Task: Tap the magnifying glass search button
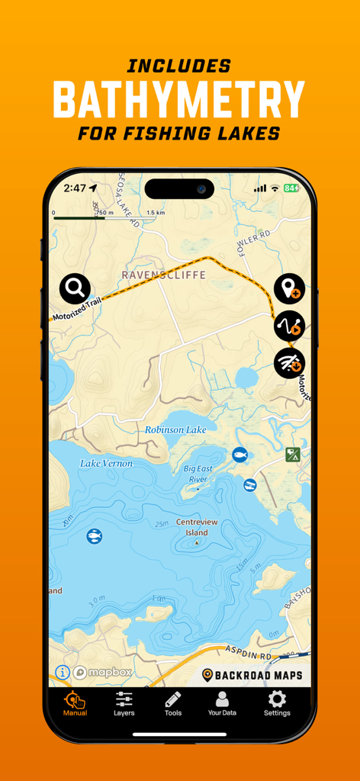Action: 75,288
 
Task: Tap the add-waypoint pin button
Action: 289,289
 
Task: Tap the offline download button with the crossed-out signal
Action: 289,364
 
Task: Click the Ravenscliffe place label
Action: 164,275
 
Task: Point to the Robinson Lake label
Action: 175,430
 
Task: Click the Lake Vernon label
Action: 106,463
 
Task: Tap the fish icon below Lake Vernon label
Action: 94,536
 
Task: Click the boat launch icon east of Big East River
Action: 249,485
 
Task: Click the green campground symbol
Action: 292,455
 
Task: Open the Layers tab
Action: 124,704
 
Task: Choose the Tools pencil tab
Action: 173,704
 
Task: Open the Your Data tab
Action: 222,704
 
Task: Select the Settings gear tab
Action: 277,704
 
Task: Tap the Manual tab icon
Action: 75,704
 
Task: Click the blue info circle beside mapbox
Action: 63,673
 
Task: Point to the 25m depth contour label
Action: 160,525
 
